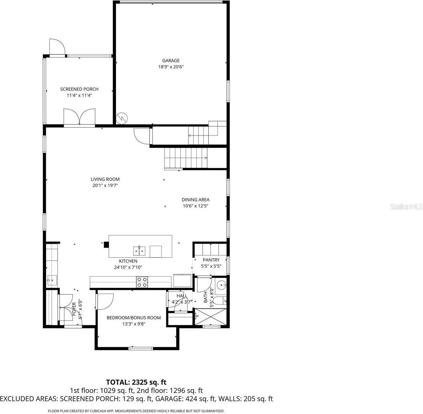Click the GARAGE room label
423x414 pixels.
(170, 61)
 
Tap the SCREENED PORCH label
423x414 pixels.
(79, 89)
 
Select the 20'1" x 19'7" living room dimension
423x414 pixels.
(105, 186)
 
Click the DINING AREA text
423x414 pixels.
(195, 200)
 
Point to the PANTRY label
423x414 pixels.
(211, 260)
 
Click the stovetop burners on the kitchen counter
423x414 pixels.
(142, 281)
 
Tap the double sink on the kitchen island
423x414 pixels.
(139, 250)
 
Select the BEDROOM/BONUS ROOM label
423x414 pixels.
(134, 317)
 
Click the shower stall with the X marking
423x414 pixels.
(211, 317)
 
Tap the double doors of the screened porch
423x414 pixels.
(80, 117)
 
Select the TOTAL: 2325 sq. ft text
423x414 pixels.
(136, 382)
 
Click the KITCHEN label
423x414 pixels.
(128, 261)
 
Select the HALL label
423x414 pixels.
(182, 296)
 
